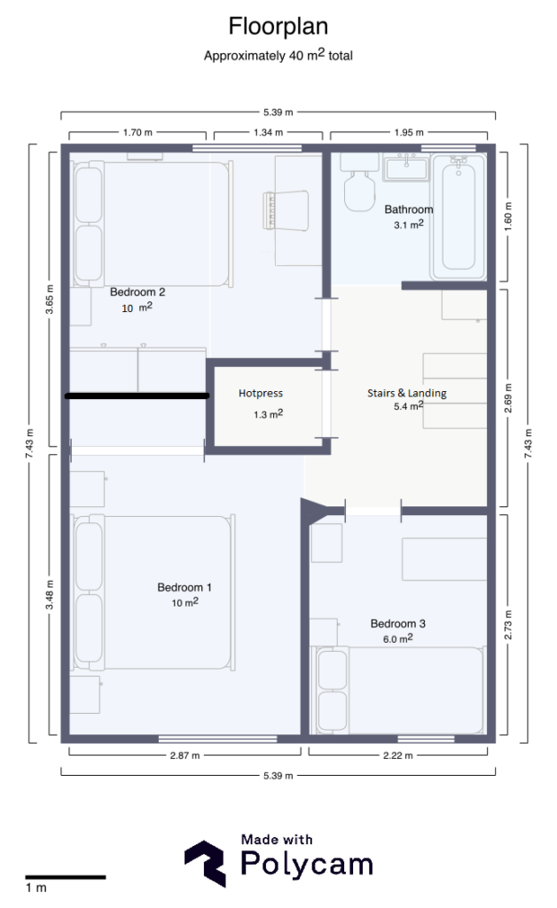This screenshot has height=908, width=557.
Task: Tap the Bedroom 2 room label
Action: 137,291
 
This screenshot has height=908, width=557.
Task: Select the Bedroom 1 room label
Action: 184,587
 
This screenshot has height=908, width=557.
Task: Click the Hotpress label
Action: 261,393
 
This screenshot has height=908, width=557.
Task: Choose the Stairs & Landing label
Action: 407,393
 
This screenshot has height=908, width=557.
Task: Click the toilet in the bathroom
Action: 359,191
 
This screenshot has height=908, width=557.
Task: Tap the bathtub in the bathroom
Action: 458,216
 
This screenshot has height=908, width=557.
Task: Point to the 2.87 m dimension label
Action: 184,755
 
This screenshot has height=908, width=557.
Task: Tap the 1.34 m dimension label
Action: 268,133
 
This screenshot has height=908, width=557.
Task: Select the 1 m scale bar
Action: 65,877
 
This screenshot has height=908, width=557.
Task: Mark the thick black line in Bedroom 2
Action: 137,396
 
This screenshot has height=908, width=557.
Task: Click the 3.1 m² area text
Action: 408,225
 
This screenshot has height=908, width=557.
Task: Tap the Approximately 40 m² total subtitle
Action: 278,55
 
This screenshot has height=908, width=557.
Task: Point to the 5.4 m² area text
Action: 408,406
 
